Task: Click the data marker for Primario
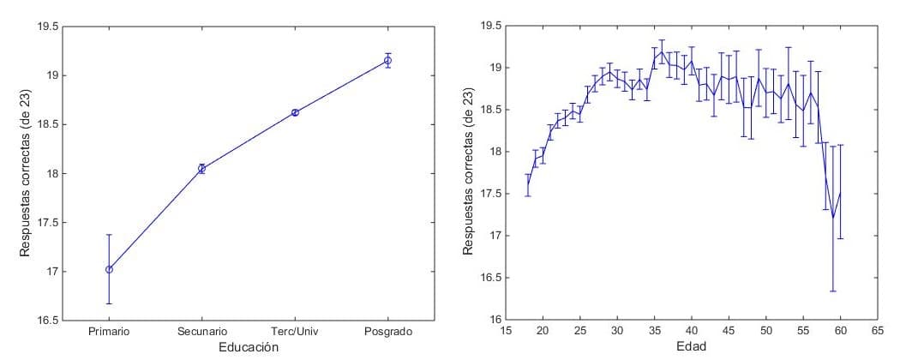[x=109, y=269]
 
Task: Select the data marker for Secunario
[x=202, y=169]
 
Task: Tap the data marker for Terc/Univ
[x=295, y=112]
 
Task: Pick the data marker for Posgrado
[x=387, y=60]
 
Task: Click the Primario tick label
[x=109, y=331]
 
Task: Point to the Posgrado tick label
[x=387, y=331]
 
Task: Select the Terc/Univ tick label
[x=295, y=331]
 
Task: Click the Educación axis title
[x=248, y=347]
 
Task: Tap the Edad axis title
[x=692, y=347]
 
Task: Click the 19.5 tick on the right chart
[x=491, y=26]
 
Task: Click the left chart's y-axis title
[x=26, y=173]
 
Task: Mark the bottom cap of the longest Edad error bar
[x=832, y=291]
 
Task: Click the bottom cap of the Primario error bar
[x=109, y=303]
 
